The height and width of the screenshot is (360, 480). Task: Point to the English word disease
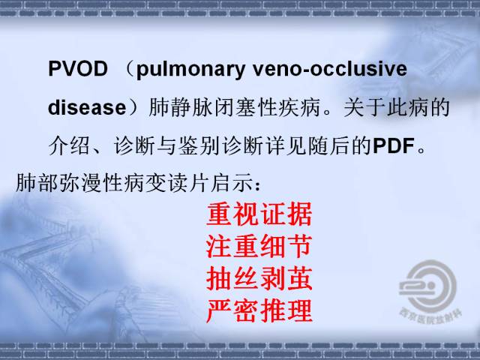pos(85,108)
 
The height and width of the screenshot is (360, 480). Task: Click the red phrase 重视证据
pos(259,217)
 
